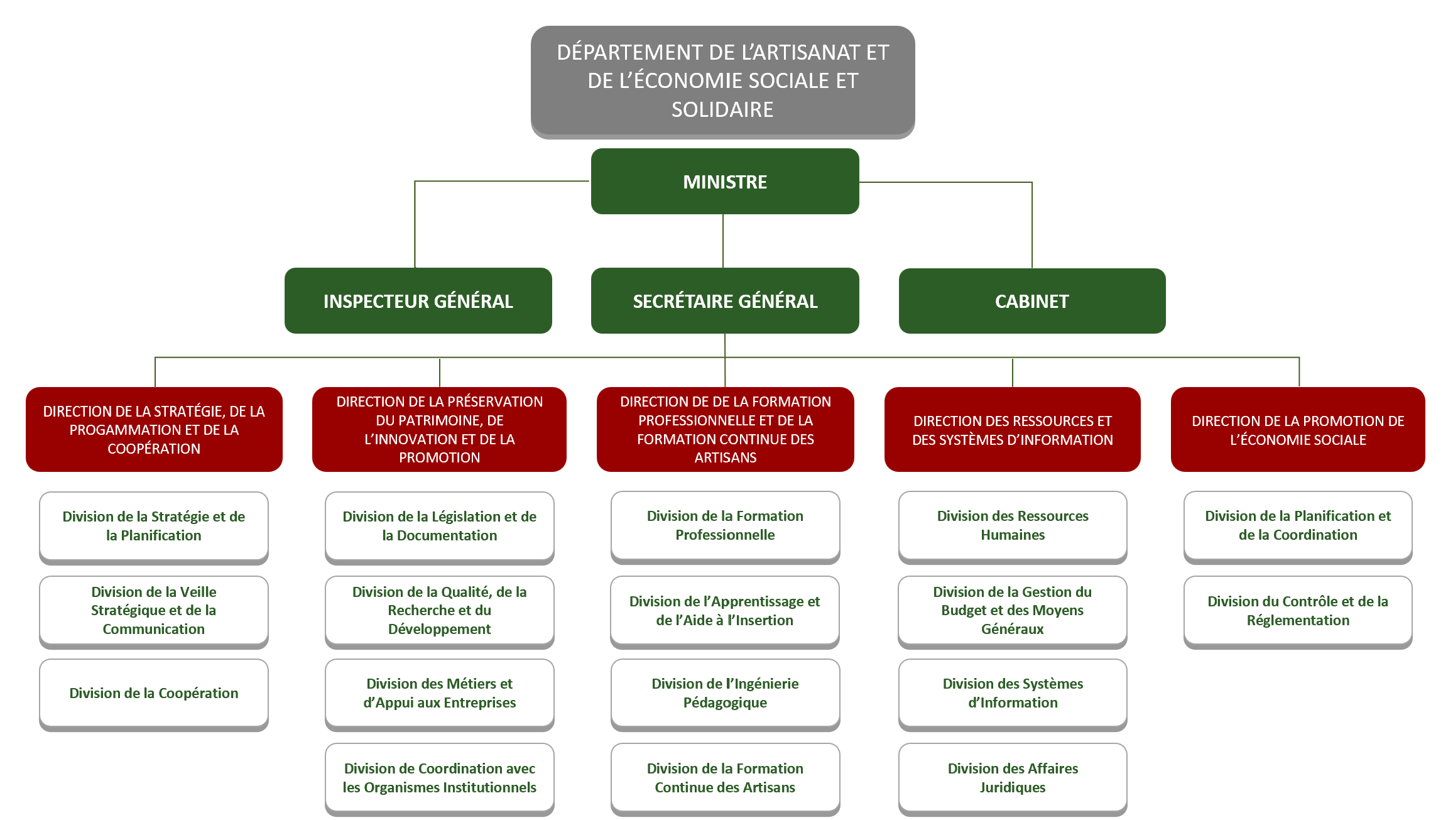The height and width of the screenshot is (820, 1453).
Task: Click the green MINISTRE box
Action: (x=725, y=181)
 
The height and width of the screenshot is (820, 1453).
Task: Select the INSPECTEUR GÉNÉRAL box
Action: (x=418, y=300)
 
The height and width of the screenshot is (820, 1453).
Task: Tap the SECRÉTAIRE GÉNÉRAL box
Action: (x=725, y=300)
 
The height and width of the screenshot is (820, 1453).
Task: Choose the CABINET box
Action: (x=1032, y=300)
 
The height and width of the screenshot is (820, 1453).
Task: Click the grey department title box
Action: (x=722, y=82)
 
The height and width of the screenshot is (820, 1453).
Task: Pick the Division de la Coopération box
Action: (x=154, y=694)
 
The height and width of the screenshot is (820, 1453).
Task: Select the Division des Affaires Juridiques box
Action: (x=1013, y=779)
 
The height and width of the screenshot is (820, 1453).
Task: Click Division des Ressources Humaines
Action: (x=1013, y=527)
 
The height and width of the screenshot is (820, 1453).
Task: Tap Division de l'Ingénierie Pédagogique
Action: (x=725, y=694)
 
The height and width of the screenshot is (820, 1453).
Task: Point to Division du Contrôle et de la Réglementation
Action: (x=1298, y=611)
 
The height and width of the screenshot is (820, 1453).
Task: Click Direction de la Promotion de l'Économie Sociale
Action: (x=1298, y=429)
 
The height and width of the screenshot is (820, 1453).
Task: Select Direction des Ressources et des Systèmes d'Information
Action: (x=1013, y=429)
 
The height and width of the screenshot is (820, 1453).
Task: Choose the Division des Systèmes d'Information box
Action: (x=1013, y=694)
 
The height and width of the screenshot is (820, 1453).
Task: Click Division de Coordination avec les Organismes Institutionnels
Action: (x=440, y=779)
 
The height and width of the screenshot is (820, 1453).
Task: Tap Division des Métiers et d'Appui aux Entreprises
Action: (x=440, y=694)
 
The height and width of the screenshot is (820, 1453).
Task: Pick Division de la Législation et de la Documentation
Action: (x=440, y=527)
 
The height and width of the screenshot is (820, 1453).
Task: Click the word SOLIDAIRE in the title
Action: (x=722, y=109)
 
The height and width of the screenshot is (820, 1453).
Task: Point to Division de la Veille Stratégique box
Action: (x=154, y=611)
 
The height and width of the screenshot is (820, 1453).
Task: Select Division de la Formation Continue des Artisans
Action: (x=725, y=779)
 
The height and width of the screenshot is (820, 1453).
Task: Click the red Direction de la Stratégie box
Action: (x=154, y=429)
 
